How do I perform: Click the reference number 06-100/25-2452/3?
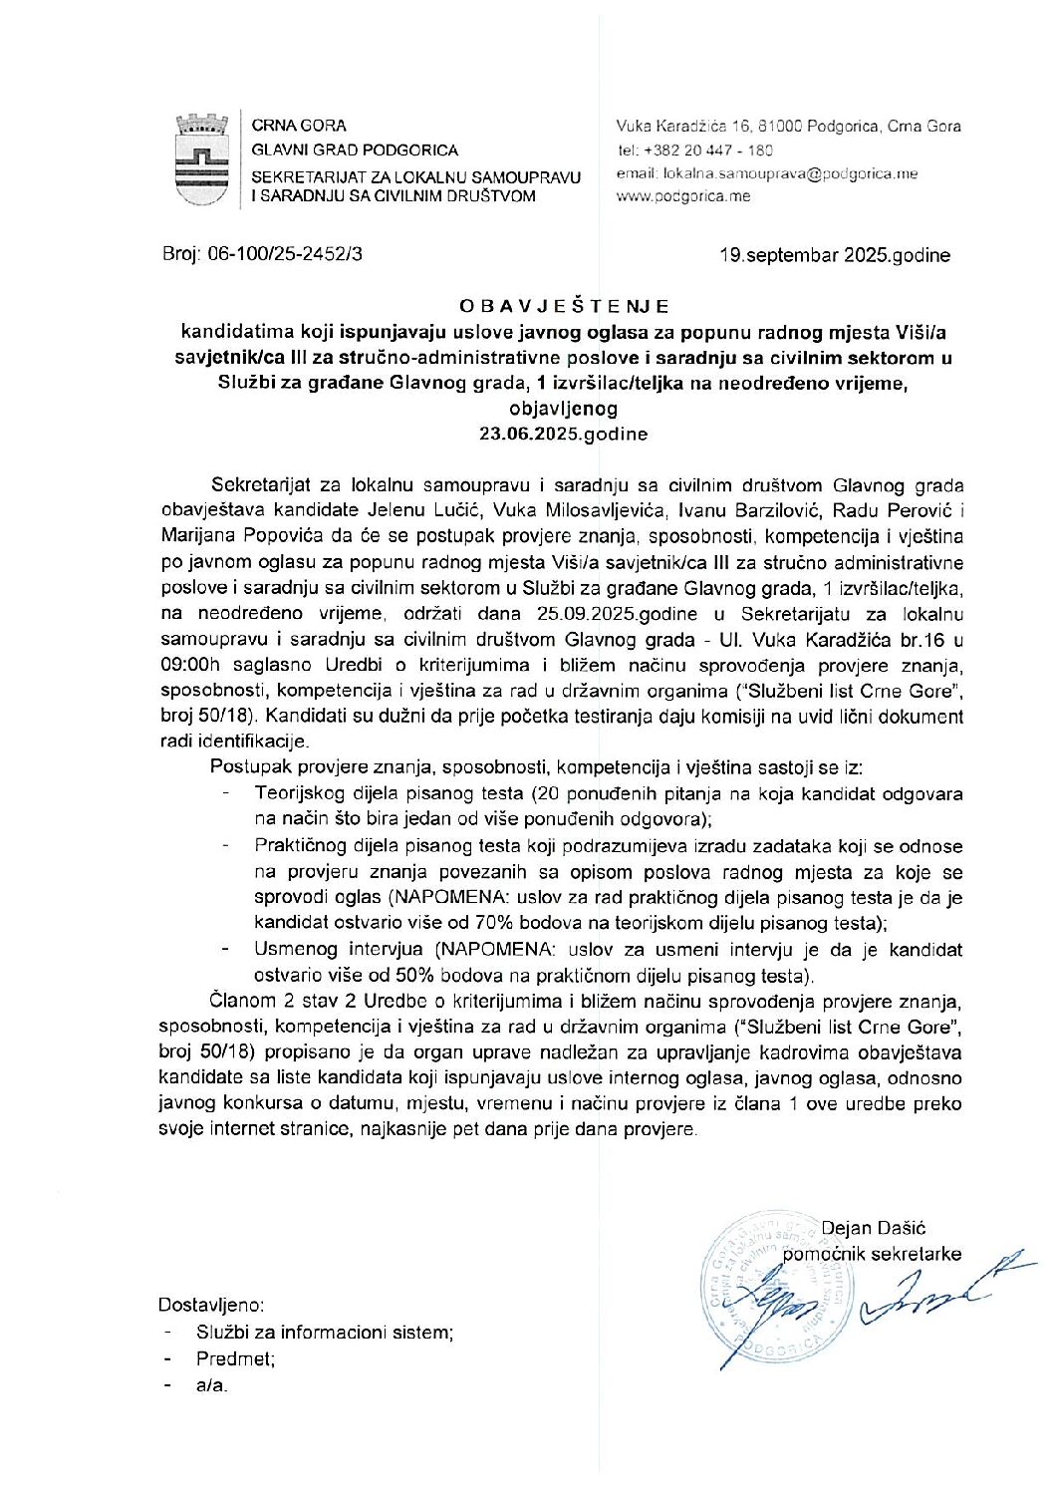point(285,254)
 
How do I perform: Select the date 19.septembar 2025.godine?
point(835,255)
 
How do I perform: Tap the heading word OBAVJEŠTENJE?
point(564,306)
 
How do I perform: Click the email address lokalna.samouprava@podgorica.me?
point(790,173)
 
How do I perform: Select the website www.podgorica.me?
point(683,196)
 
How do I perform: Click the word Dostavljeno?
point(211,1305)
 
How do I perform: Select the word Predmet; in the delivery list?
point(236,1357)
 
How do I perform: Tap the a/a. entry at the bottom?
point(212,1384)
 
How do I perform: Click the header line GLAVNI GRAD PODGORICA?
point(355,150)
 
